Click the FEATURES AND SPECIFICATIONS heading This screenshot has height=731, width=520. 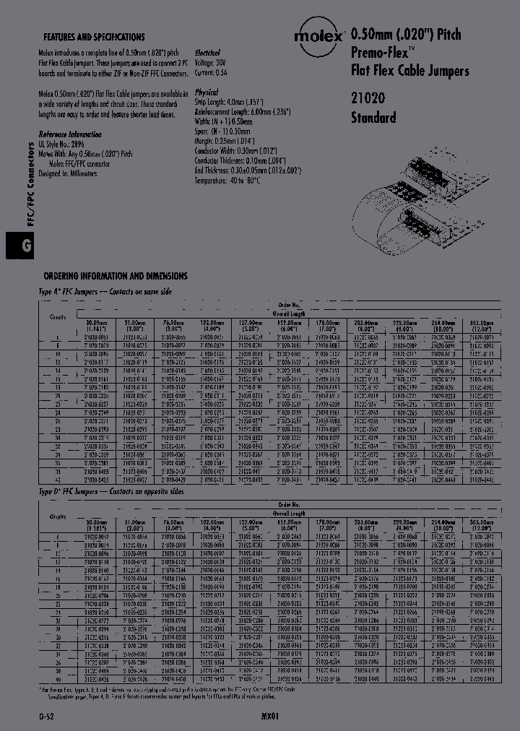(94, 37)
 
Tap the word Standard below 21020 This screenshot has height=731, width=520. (373, 117)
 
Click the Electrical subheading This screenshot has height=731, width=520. (208, 53)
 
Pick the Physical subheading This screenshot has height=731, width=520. (207, 93)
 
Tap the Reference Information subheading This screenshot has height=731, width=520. (70, 134)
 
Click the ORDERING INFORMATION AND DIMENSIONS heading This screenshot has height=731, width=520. (116, 276)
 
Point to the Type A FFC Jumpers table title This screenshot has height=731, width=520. (105, 290)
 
